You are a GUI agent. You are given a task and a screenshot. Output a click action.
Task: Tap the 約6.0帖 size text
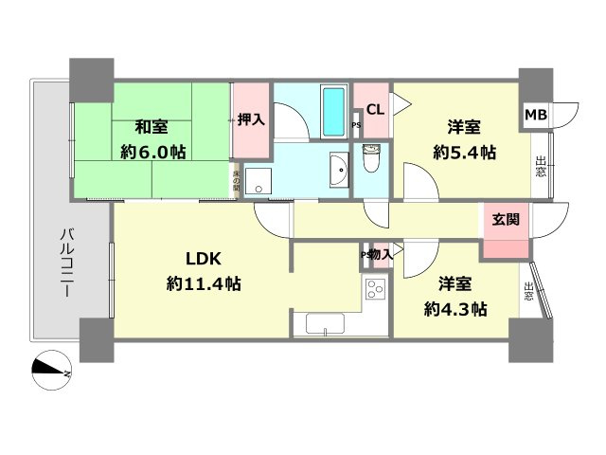coord(151,152)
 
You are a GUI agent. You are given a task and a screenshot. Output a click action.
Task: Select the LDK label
coord(204,259)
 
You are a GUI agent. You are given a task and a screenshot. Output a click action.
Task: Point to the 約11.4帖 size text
coord(204,282)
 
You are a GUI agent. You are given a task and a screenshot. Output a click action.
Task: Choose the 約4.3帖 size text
coord(456,308)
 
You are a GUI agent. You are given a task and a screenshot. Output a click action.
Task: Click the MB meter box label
coord(536,115)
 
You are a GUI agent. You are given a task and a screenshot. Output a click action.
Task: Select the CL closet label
coord(375,108)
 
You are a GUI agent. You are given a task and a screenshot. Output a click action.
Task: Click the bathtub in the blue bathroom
coord(332,111)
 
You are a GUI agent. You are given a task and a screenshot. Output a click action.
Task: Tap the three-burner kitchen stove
coord(376,291)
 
